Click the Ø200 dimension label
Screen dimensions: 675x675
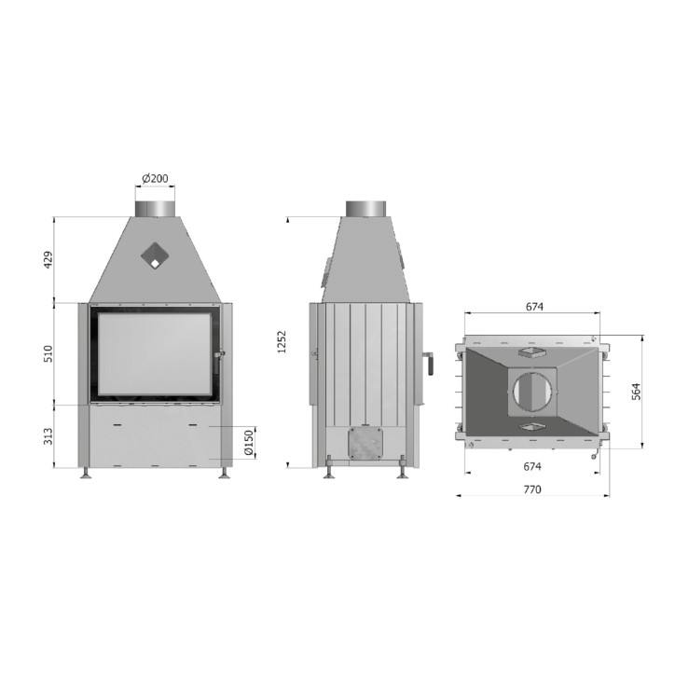coord(155,178)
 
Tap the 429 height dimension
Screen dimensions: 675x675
coord(48,260)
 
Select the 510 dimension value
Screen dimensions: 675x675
coord(48,353)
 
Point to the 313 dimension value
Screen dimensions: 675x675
coord(48,436)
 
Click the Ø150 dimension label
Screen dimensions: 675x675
coord(248,443)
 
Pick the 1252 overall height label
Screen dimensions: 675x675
coord(282,342)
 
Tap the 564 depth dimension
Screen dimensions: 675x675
coord(636,392)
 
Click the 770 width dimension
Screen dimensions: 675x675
coord(532,489)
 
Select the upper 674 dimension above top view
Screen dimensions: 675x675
coord(534,307)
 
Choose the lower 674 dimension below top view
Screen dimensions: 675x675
coord(532,466)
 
